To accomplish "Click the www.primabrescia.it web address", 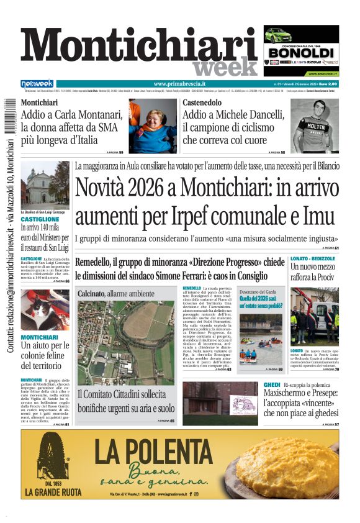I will (x=179, y=84).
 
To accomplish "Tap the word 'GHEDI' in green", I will (x=272, y=385).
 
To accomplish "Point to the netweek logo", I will (x=37, y=84).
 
